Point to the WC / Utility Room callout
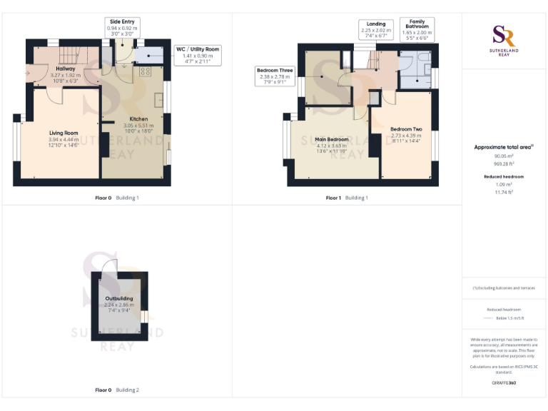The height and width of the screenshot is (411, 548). click(x=198, y=55)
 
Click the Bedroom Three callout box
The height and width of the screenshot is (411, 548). click(x=275, y=76)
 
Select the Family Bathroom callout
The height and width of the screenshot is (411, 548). click(x=417, y=28)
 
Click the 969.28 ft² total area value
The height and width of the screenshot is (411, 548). click(x=504, y=163)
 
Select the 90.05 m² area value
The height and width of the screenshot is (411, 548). click(x=504, y=156)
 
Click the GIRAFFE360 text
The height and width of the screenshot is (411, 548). click(x=504, y=383)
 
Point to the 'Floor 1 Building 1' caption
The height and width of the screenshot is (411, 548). click(x=347, y=198)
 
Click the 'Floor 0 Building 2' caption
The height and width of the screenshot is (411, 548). click(x=118, y=390)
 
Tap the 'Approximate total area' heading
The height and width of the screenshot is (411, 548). click(x=504, y=147)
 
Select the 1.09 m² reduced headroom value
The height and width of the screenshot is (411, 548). click(x=504, y=184)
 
